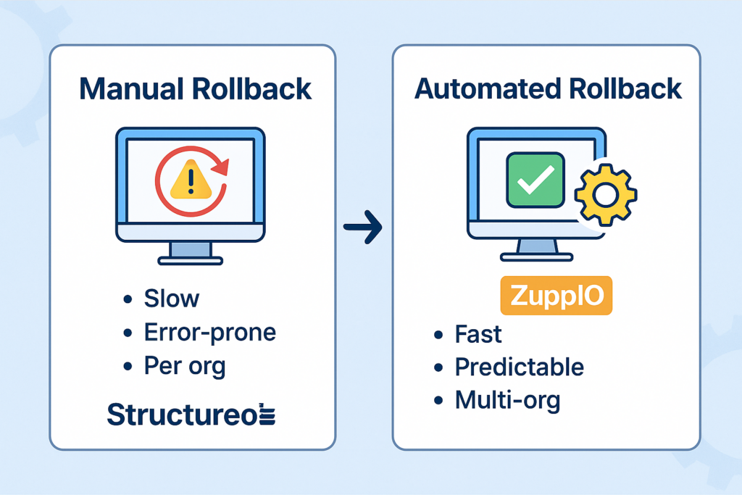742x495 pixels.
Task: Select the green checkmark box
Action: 535,180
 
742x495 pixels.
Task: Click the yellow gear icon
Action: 605,194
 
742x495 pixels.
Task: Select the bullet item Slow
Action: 171,298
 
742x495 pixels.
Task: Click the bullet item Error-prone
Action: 209,332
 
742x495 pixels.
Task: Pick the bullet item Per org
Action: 185,366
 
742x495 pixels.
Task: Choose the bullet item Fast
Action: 478,334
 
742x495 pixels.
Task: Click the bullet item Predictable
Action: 519,367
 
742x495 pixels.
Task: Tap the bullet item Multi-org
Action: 507,400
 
